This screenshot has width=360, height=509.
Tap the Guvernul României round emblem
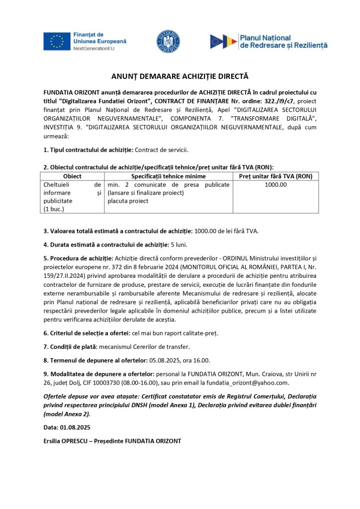[x=169, y=41]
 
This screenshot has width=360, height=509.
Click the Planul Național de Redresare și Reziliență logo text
[x=283, y=41]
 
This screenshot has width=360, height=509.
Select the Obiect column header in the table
[x=72, y=176]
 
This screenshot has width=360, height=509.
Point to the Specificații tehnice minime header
[x=168, y=176]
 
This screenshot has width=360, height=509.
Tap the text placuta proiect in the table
[x=128, y=201]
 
